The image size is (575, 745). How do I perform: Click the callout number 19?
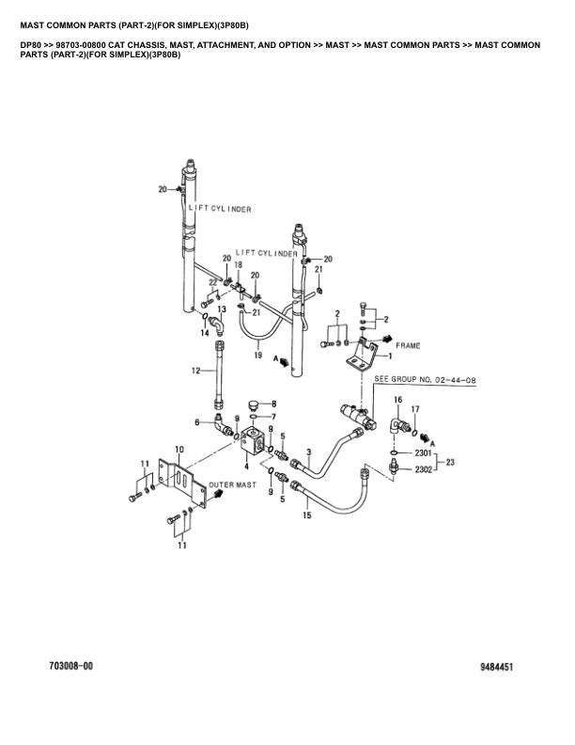pos(257,355)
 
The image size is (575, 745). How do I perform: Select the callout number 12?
pos(197,372)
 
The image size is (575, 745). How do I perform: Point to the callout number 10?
pos(179,448)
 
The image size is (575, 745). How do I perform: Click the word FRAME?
pos(407,345)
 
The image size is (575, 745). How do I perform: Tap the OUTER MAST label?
pos(233,484)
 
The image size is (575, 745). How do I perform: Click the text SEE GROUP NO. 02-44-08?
pos(426,380)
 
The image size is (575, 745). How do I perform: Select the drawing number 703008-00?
pos(70,666)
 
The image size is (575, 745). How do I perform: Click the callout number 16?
pos(397,400)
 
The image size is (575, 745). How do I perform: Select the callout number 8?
pos(273,403)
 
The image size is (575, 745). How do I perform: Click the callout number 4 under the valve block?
pos(247,466)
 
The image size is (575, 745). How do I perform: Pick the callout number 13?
pos(222,309)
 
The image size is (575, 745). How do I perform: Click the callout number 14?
pos(204,332)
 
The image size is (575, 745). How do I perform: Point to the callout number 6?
pos(197,421)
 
